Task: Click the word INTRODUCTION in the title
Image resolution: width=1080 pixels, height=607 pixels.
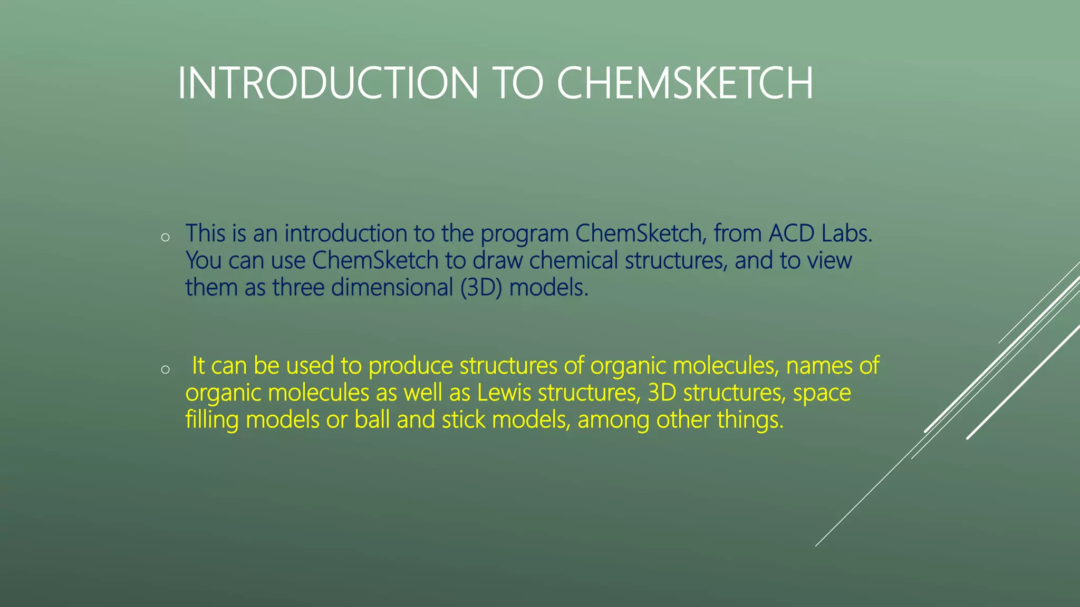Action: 328,83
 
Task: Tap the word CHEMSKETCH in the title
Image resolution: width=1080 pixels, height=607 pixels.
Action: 685,83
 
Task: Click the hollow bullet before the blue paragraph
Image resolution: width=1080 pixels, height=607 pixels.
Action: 165,238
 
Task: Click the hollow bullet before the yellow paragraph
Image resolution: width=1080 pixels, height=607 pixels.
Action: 165,370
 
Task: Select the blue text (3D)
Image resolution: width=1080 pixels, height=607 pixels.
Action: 481,288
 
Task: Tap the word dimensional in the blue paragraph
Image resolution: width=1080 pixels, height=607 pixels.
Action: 392,288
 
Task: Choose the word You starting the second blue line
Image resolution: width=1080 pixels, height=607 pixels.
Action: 203,260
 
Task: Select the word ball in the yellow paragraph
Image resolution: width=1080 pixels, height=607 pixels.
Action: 372,420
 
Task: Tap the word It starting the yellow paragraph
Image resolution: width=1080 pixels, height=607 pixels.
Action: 198,366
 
